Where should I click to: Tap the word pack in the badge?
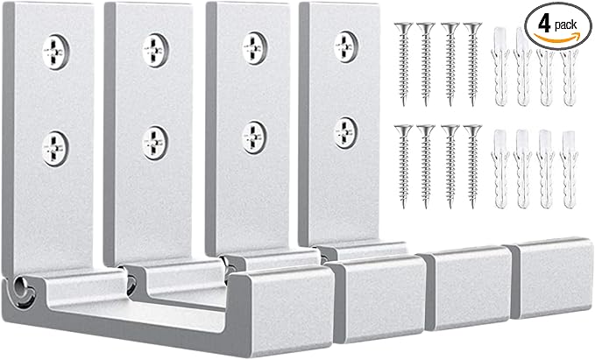tap(568, 25)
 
